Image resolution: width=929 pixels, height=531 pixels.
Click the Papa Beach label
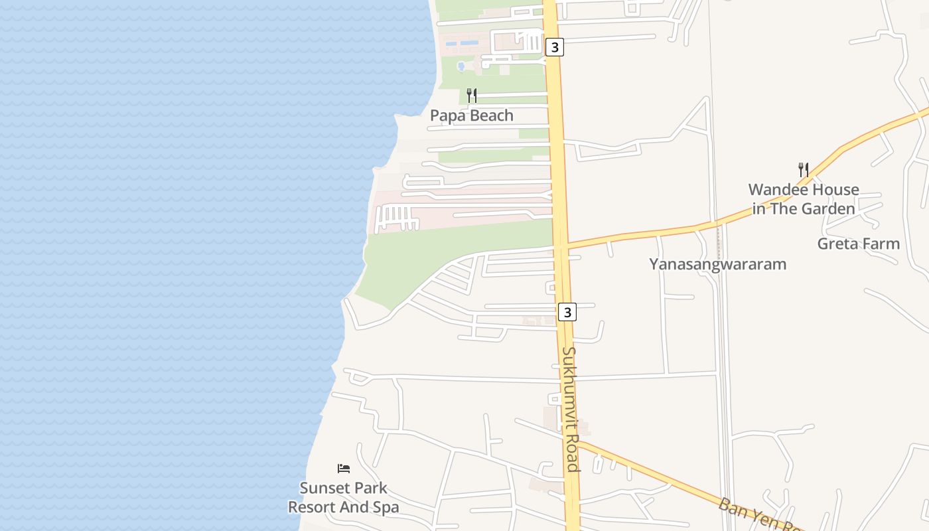[472, 115]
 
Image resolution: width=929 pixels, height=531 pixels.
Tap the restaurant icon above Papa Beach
[472, 96]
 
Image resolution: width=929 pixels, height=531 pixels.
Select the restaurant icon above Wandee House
[803, 169]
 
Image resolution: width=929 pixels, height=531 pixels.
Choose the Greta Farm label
[858, 244]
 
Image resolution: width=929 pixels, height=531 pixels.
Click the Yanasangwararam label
[717, 264]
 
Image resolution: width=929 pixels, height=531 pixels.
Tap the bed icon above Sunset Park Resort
[344, 468]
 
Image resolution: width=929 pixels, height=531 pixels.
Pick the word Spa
[386, 508]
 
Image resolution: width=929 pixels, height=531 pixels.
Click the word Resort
[312, 508]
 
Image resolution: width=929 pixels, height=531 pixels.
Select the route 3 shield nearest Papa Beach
[555, 47]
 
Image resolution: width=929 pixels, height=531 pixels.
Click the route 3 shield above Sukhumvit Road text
[567, 311]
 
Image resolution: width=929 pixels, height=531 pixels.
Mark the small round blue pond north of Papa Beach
[461, 66]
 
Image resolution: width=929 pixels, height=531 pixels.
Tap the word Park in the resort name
[368, 489]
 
